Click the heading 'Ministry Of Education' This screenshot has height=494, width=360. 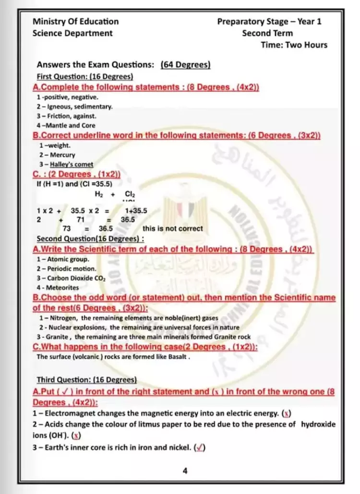[75, 22]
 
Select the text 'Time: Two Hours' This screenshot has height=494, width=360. [294, 45]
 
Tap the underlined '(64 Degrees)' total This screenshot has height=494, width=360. [186, 65]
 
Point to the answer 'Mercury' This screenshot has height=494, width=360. [64, 155]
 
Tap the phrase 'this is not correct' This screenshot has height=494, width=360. [173, 229]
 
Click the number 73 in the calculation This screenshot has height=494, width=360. [67, 229]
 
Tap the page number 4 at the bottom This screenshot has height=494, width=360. [185, 471]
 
